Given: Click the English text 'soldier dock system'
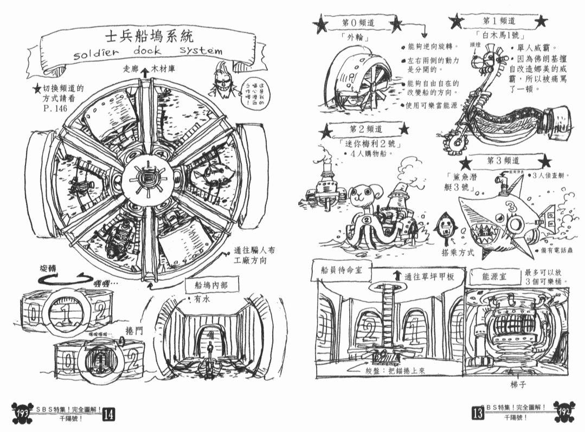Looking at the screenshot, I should [147, 53].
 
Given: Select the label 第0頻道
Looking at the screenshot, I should [358, 23].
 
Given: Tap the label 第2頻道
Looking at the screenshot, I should [367, 129].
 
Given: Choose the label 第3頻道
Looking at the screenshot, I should [504, 160].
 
